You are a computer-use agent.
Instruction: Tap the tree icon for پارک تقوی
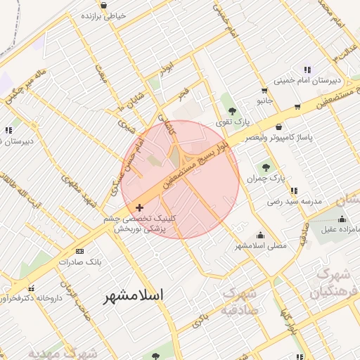(x=232, y=111)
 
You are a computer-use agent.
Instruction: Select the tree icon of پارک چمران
(x=265, y=167)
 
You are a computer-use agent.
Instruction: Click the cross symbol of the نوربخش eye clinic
(x=139, y=207)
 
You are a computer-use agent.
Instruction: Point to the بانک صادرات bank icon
(x=79, y=250)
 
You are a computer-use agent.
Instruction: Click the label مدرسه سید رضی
(x=294, y=201)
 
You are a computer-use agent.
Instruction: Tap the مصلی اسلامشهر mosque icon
(x=261, y=236)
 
